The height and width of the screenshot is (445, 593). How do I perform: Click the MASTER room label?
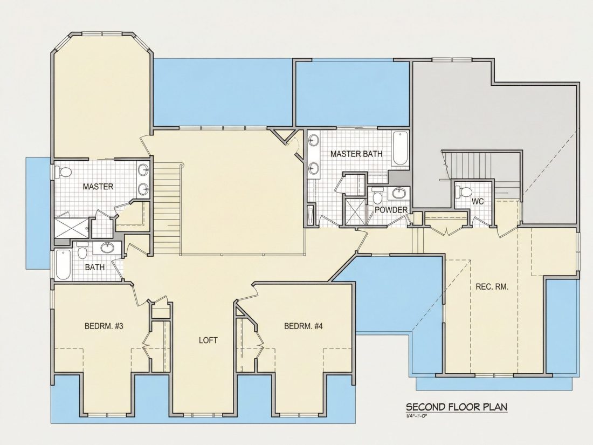[98, 187]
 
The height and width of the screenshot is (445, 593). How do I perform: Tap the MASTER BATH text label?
[356, 154]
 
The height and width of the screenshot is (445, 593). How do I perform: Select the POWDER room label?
[391, 210]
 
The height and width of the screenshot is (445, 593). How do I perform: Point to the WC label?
[478, 202]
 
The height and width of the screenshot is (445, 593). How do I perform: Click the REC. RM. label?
[492, 286]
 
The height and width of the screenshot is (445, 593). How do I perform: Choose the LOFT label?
[209, 340]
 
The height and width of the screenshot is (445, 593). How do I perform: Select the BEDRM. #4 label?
[304, 326]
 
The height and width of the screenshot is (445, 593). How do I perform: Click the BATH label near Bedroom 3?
[94, 267]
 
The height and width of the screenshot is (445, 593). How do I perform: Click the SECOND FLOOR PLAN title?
[457, 407]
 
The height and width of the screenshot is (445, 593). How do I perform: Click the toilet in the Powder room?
[377, 195]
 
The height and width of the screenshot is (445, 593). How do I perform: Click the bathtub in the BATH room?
[63, 264]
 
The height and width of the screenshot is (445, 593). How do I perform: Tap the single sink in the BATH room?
[107, 248]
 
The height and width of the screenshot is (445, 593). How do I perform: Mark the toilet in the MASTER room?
[64, 172]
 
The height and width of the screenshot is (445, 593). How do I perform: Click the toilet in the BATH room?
[82, 250]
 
